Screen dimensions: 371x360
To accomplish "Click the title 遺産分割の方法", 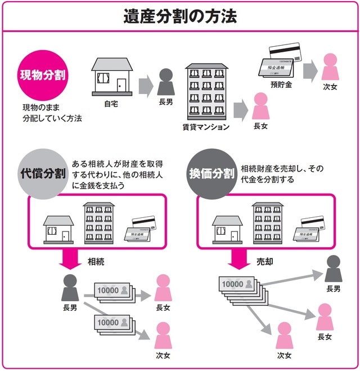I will (x=180, y=15).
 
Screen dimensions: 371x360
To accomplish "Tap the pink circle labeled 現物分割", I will (x=43, y=75).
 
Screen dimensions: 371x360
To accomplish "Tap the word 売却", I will (x=265, y=262).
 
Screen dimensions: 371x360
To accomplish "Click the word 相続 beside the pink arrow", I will (x=96, y=262).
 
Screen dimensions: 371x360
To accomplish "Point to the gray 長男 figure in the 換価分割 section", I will (x=334, y=269).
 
